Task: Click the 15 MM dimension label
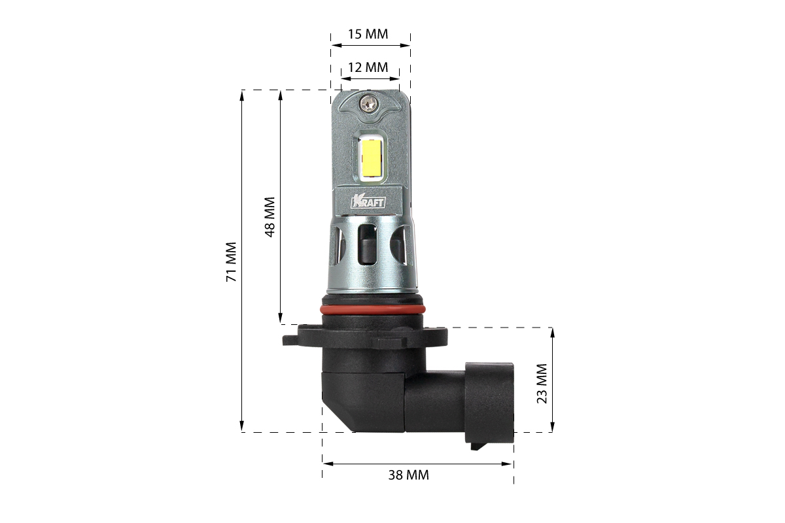pyautogui.click(x=368, y=35)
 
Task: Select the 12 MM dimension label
pyautogui.click(x=368, y=67)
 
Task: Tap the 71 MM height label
pyautogui.click(x=232, y=261)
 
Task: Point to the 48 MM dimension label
pyautogui.click(x=270, y=217)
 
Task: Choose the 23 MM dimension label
pyautogui.click(x=542, y=384)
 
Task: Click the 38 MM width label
pyautogui.click(x=409, y=475)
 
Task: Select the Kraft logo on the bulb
pyautogui.click(x=368, y=202)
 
